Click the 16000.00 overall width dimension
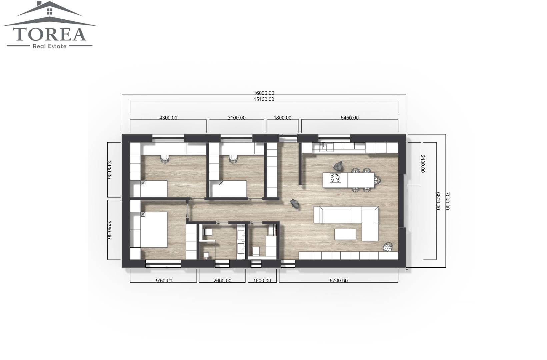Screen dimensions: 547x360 pos(264,93)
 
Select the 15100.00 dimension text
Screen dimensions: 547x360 pos(264,99)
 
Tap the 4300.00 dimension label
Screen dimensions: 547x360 pos(168,118)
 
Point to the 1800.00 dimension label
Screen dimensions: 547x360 pos(282,118)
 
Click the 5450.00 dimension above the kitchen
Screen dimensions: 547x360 pos(350,118)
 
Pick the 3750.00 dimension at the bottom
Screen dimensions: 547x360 pos(163,281)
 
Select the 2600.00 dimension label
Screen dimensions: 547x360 pos(222,281)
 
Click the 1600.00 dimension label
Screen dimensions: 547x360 pos(262,281)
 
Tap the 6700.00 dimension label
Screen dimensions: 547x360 pos(338,281)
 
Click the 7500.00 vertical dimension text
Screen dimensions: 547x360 pos(447,201)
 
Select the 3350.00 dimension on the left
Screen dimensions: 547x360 pos(109,230)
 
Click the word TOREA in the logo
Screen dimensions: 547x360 pos(49,34)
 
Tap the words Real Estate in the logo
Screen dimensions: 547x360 pos(50,46)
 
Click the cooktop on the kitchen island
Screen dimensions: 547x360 pos(335,178)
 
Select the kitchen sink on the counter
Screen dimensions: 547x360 pos(326,147)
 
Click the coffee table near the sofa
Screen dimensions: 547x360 pos(345,234)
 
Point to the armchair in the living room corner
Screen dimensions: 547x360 pos(387,247)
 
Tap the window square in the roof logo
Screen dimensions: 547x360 pos(50,11)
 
